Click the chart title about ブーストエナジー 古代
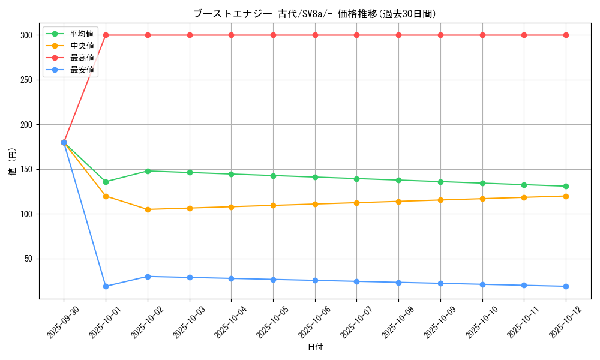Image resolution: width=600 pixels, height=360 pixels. pyautogui.click(x=315, y=14)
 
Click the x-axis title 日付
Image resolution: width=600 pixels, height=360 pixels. pyautogui.click(x=315, y=347)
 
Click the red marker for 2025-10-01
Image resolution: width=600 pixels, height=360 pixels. pyautogui.click(x=106, y=35)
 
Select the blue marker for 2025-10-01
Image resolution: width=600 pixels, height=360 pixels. pyautogui.click(x=106, y=286)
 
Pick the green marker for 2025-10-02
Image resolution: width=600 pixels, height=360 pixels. pyautogui.click(x=148, y=171)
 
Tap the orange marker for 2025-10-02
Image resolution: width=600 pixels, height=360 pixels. pyautogui.click(x=148, y=209)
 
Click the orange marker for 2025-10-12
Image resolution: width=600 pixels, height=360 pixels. pyautogui.click(x=566, y=196)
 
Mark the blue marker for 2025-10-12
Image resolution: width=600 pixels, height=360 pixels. pyautogui.click(x=566, y=286)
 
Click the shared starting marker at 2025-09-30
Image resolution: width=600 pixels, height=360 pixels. pyautogui.click(x=64, y=143)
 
